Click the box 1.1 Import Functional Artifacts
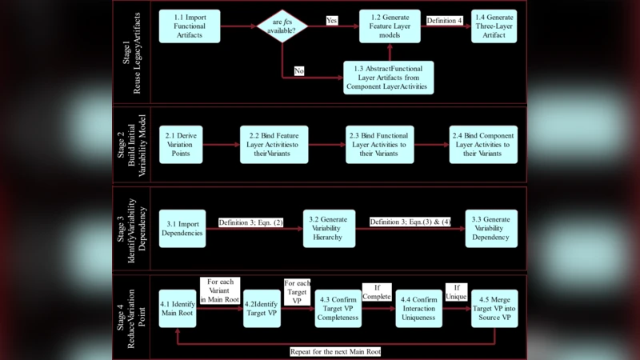[189, 26]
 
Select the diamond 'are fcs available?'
[282, 26]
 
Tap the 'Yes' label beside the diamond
[332, 19]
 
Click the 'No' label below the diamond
[298, 71]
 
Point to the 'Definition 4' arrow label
[443, 20]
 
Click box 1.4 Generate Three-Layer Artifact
[494, 26]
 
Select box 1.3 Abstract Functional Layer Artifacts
[388, 77]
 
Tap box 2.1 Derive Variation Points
[181, 144]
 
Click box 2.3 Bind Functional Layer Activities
[379, 144]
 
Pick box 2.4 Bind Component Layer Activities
[482, 144]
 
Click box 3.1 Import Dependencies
[182, 227]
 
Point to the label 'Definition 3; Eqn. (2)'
[251, 222]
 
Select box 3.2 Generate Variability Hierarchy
[328, 227]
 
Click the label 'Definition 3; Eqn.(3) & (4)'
[410, 222]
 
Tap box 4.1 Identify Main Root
[177, 309]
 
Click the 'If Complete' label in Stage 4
[376, 292]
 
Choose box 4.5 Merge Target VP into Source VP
[494, 309]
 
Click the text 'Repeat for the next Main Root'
[335, 351]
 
